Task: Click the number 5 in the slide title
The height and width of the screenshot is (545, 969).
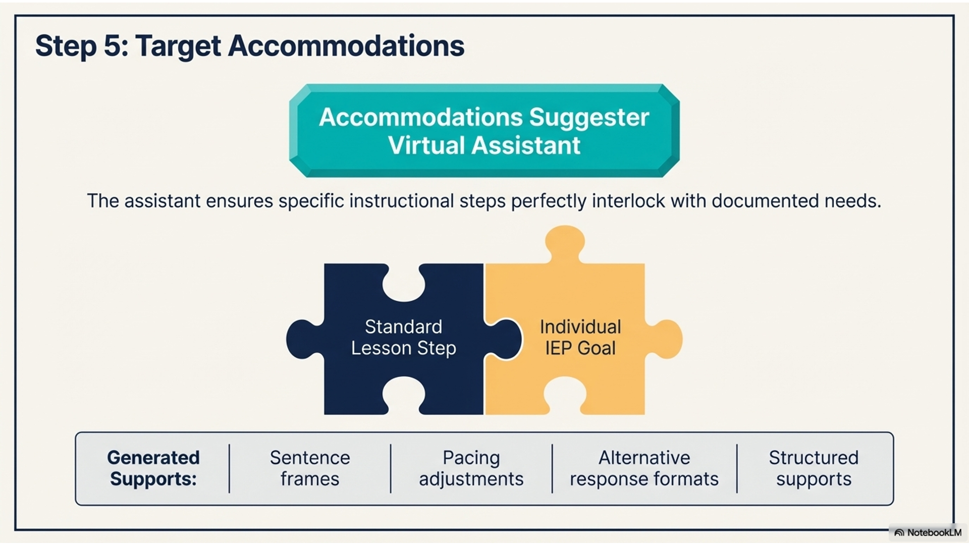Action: (112, 46)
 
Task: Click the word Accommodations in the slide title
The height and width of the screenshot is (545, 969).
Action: (346, 46)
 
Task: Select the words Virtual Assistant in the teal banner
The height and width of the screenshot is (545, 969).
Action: (484, 145)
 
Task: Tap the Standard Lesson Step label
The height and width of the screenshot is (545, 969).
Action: (404, 337)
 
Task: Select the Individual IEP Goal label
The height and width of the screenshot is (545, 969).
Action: (580, 337)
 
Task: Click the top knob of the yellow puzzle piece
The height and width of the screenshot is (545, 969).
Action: (565, 243)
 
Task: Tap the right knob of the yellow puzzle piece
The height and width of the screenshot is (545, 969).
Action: (665, 339)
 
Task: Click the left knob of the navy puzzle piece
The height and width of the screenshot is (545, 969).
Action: (304, 339)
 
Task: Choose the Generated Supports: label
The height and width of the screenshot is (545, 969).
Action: (153, 468)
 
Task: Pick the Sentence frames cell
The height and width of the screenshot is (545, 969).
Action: (310, 468)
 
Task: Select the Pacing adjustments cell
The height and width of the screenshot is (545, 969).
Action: (471, 468)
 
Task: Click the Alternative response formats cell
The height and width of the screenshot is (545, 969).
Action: (644, 468)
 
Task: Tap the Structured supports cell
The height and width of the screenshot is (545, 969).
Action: (814, 468)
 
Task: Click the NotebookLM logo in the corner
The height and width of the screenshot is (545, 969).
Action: (928, 533)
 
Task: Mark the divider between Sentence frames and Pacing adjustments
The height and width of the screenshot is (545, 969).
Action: (391, 468)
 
